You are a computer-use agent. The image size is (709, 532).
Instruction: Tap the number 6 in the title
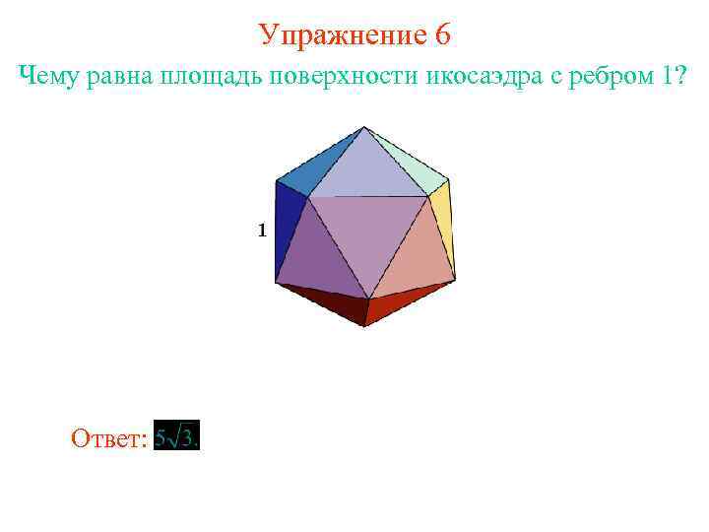pos(442,34)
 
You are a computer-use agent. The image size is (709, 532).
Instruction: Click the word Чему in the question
pos(50,78)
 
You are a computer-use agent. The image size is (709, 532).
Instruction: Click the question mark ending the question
pos(679,77)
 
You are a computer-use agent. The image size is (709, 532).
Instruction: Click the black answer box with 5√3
pos(177,436)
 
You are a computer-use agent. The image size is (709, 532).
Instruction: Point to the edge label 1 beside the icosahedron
pos(262,231)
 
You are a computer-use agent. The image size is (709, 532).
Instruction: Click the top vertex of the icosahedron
pos(365,127)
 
